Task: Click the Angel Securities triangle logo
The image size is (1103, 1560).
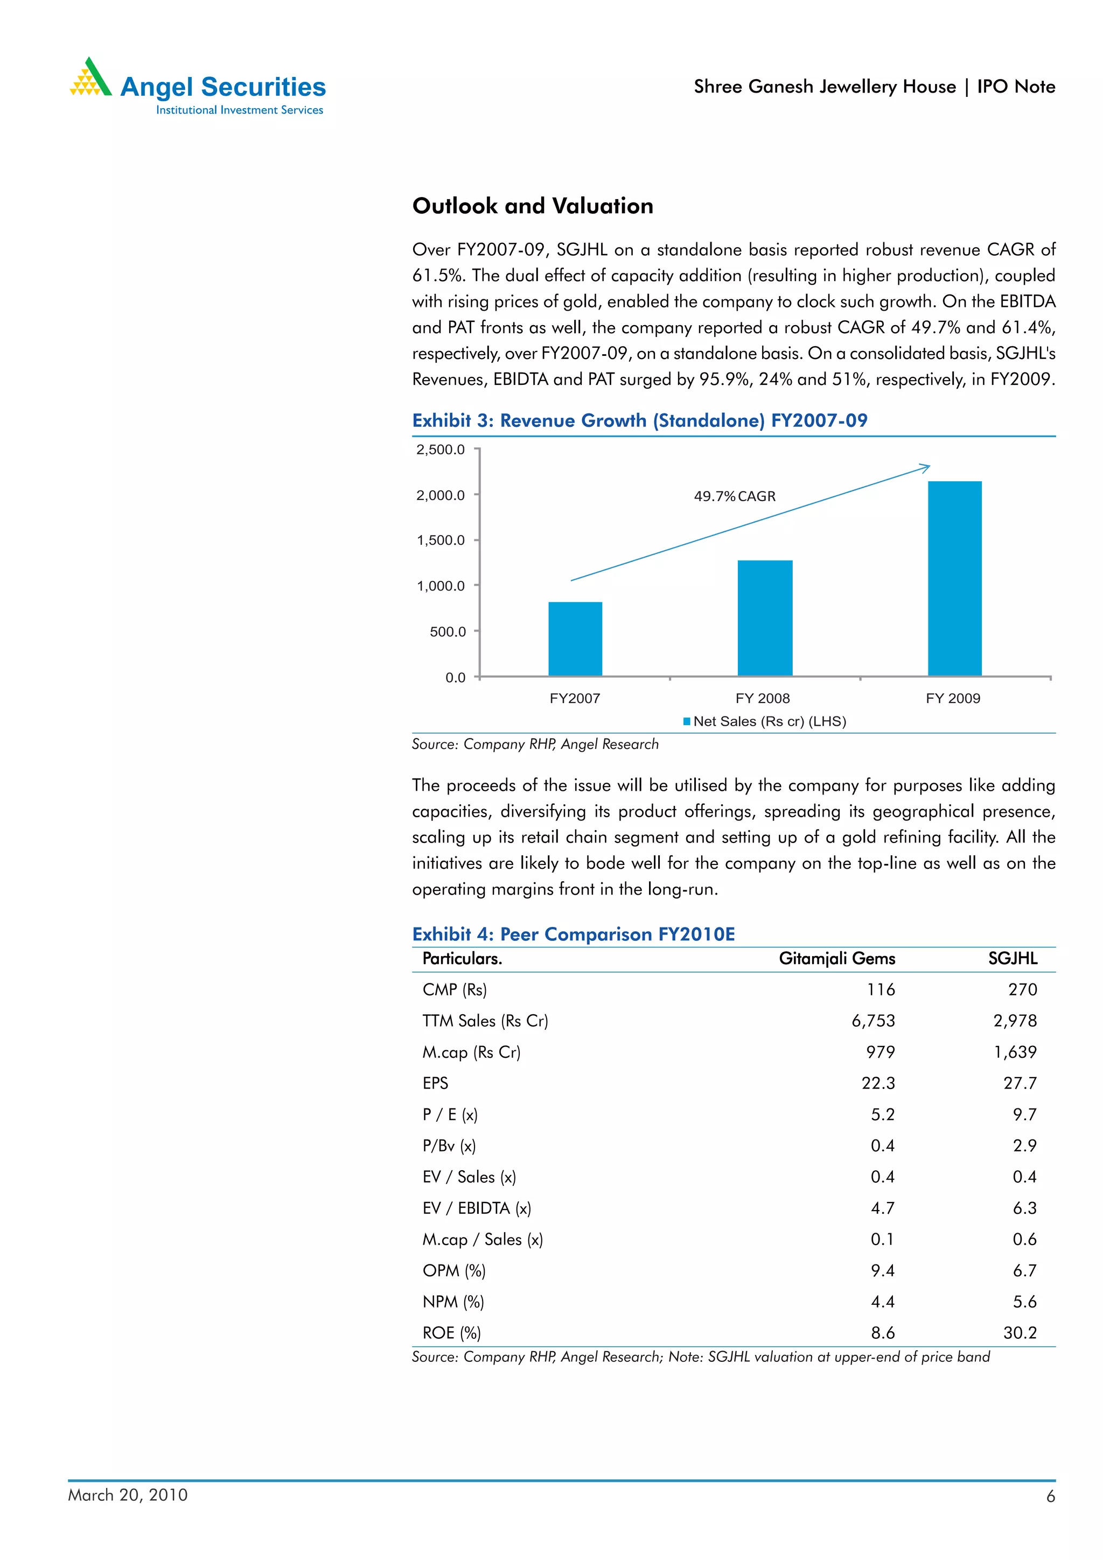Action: click(90, 78)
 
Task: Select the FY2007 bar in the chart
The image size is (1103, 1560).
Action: click(575, 638)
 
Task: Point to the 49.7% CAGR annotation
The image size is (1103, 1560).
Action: click(734, 496)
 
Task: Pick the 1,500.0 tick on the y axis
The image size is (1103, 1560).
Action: click(441, 540)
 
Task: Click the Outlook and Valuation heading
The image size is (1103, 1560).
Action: click(532, 206)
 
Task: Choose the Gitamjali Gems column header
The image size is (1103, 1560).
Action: click(836, 958)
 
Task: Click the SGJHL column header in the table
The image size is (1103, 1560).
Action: click(1012, 958)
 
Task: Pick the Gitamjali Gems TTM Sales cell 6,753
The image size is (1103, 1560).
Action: click(872, 1021)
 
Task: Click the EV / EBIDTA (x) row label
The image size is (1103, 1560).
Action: click(477, 1207)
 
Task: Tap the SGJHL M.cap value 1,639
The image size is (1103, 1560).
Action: click(1015, 1052)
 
